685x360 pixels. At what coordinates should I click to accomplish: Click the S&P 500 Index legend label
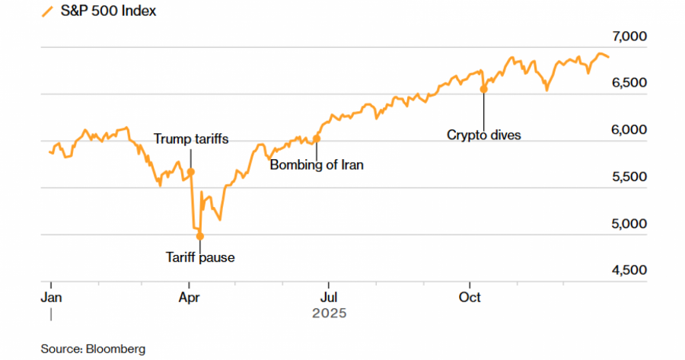(x=108, y=11)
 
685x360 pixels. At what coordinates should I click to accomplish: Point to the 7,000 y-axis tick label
(x=628, y=37)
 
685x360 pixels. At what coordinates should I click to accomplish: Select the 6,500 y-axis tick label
(x=628, y=83)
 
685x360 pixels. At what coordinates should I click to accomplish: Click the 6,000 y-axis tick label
(x=628, y=130)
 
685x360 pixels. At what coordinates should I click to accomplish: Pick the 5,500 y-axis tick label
(x=628, y=177)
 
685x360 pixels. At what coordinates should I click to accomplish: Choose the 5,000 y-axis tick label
(x=628, y=224)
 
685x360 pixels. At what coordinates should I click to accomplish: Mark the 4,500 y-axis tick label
(x=628, y=270)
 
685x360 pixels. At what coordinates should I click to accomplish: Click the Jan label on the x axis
(x=51, y=297)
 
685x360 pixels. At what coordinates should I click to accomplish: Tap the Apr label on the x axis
(x=190, y=297)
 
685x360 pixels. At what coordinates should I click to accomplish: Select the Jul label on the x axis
(x=328, y=297)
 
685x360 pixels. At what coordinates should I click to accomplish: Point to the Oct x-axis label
(x=470, y=297)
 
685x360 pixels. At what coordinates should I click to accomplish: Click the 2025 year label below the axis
(x=329, y=313)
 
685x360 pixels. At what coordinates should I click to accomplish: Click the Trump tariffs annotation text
(x=191, y=139)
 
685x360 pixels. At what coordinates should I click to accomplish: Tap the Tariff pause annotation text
(x=200, y=257)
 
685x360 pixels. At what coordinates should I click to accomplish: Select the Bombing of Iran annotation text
(x=317, y=164)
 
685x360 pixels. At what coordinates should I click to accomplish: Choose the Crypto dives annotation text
(x=483, y=135)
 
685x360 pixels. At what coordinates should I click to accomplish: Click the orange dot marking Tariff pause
(x=200, y=236)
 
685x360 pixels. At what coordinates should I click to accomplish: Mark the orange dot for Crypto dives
(x=483, y=89)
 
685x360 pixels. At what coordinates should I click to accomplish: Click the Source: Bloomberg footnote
(x=93, y=349)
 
